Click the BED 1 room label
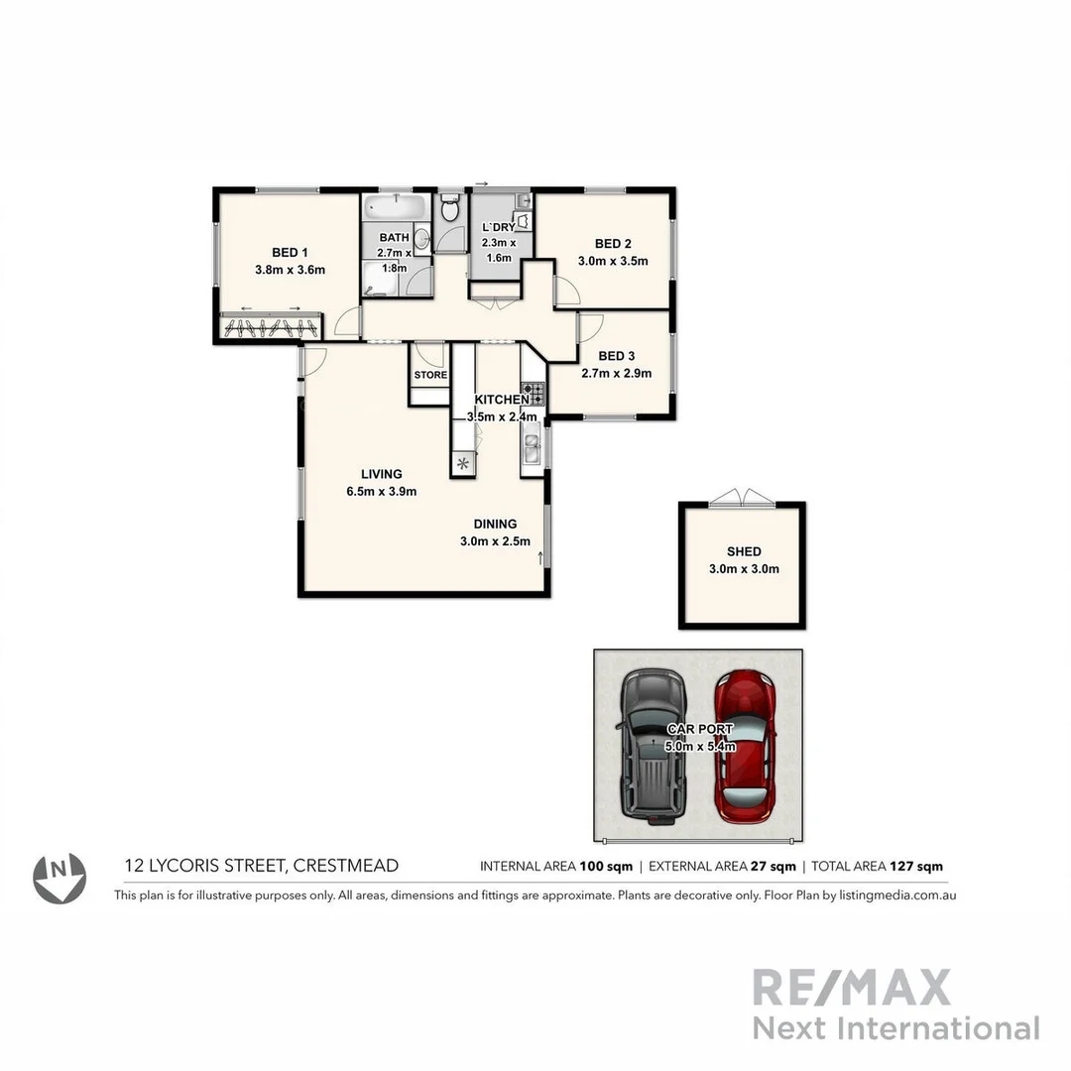coord(290,252)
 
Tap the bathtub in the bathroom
coord(394,209)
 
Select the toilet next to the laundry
coord(449,208)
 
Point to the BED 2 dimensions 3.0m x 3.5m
coord(613,262)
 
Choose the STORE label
coord(430,375)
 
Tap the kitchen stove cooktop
coord(533,394)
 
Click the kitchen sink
coord(533,449)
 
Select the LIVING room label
coord(381,474)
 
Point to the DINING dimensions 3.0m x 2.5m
coord(495,541)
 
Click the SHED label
coord(743,551)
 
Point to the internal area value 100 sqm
coord(605,867)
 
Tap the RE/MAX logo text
coord(851,988)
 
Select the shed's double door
coord(742,496)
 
